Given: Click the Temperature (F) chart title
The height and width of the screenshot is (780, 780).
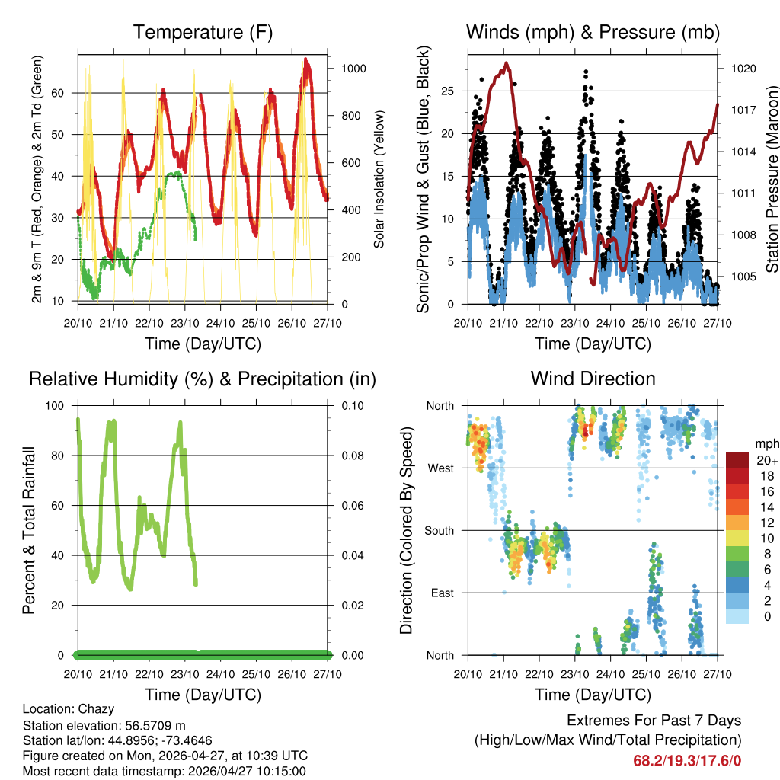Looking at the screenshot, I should (203, 33).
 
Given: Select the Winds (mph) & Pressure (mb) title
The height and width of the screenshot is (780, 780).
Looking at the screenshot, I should (593, 33).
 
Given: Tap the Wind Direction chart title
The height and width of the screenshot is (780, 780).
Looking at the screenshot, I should (593, 379).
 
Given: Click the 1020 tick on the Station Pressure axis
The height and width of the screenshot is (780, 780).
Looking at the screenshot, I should (743, 69).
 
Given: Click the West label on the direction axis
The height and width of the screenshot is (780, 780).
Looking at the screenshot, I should (440, 468).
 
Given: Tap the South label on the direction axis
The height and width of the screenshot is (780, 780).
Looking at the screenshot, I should (440, 531).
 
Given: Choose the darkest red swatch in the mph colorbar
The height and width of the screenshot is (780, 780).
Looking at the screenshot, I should (737, 460).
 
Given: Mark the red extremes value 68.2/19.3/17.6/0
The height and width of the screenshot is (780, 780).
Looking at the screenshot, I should (687, 760).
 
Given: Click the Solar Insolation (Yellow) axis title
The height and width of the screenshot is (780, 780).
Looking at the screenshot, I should (379, 179).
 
